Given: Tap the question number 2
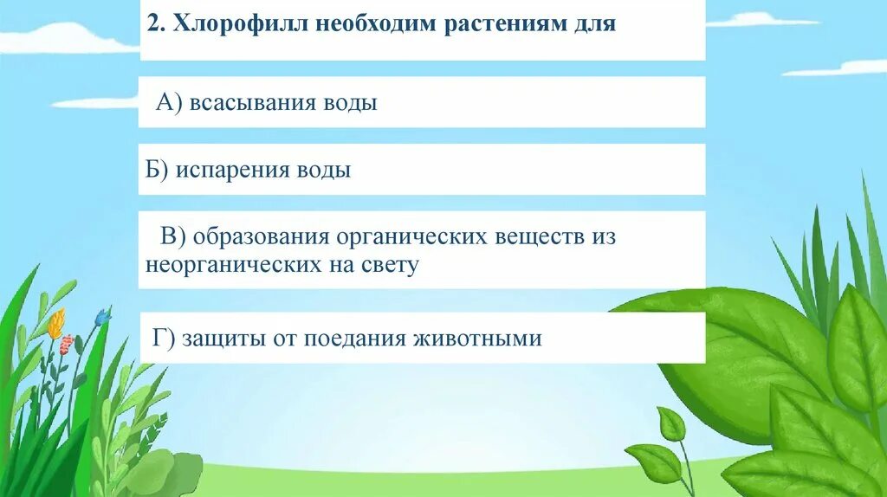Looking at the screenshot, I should point(152,24).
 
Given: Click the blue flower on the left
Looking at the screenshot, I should point(102,318).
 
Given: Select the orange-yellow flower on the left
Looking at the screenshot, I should point(55,324).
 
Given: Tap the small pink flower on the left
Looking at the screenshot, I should point(66,344).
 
